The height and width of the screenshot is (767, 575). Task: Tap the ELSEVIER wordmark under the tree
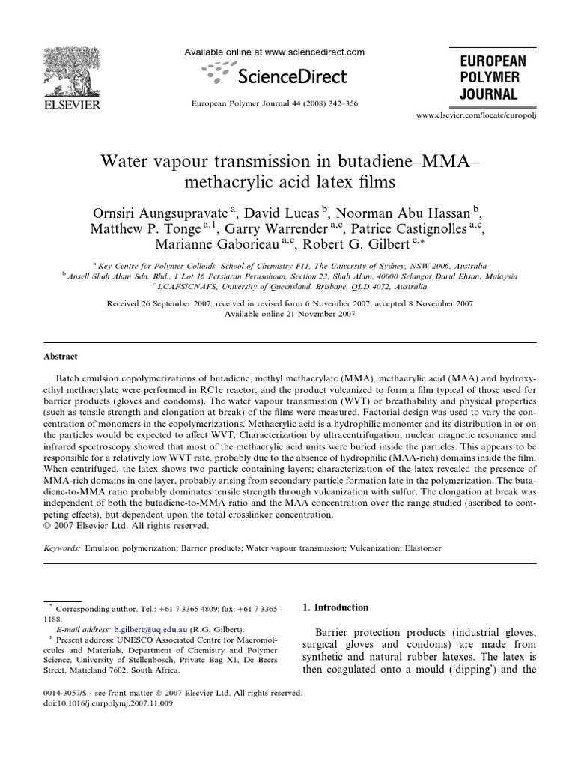(67, 106)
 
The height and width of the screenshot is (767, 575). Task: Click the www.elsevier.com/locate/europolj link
(477, 116)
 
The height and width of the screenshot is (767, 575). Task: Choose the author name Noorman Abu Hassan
(402, 213)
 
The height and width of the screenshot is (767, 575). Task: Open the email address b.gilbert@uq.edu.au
(150, 630)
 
